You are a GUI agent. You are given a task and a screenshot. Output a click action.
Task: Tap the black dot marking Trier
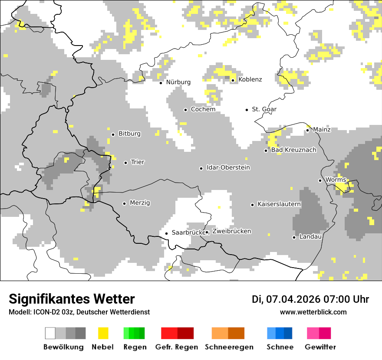point(125,163)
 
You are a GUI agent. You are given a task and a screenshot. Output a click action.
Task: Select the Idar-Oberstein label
point(228,167)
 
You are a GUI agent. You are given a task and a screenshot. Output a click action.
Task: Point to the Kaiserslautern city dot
point(252,205)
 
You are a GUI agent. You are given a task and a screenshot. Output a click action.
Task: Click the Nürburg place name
point(178,82)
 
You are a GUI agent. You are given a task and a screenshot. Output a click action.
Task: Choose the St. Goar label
point(264,109)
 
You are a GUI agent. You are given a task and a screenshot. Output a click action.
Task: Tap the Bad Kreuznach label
point(293,150)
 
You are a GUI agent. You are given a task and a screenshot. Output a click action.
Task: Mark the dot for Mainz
point(308,130)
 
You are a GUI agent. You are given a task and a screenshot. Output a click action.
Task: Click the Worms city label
point(336,180)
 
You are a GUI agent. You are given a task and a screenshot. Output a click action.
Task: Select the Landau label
point(310,237)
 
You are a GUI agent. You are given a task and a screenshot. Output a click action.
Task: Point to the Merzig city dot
point(125,203)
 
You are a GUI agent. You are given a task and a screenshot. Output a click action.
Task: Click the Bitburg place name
point(129,134)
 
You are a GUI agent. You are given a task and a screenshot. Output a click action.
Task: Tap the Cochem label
point(203,109)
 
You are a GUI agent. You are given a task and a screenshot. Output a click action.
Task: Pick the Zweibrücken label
point(231,231)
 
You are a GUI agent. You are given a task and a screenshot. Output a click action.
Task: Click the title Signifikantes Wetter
point(72,299)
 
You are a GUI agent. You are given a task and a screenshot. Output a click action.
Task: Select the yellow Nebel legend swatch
point(103,333)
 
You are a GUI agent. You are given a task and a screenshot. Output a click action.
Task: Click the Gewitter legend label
point(320,347)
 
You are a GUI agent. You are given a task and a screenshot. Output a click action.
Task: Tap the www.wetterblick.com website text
point(313,312)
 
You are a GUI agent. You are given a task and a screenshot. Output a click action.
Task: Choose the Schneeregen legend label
point(229,347)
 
